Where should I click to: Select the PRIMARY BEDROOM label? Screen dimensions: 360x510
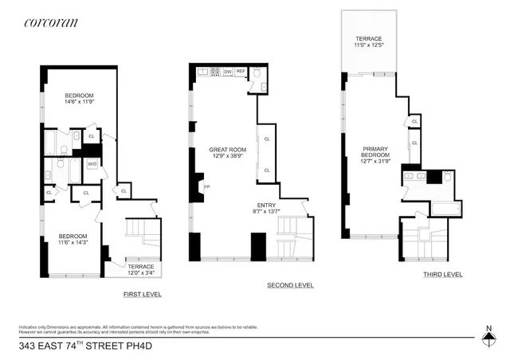(375, 152)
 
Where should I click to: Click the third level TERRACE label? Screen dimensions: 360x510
(368, 38)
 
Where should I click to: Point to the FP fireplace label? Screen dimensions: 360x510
(207, 187)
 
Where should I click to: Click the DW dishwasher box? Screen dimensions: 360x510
(228, 72)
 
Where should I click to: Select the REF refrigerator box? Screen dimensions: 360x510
(240, 72)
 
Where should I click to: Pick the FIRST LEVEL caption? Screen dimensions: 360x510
(143, 294)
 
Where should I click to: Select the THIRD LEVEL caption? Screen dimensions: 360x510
(442, 275)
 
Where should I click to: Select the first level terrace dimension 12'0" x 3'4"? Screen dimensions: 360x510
(141, 273)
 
